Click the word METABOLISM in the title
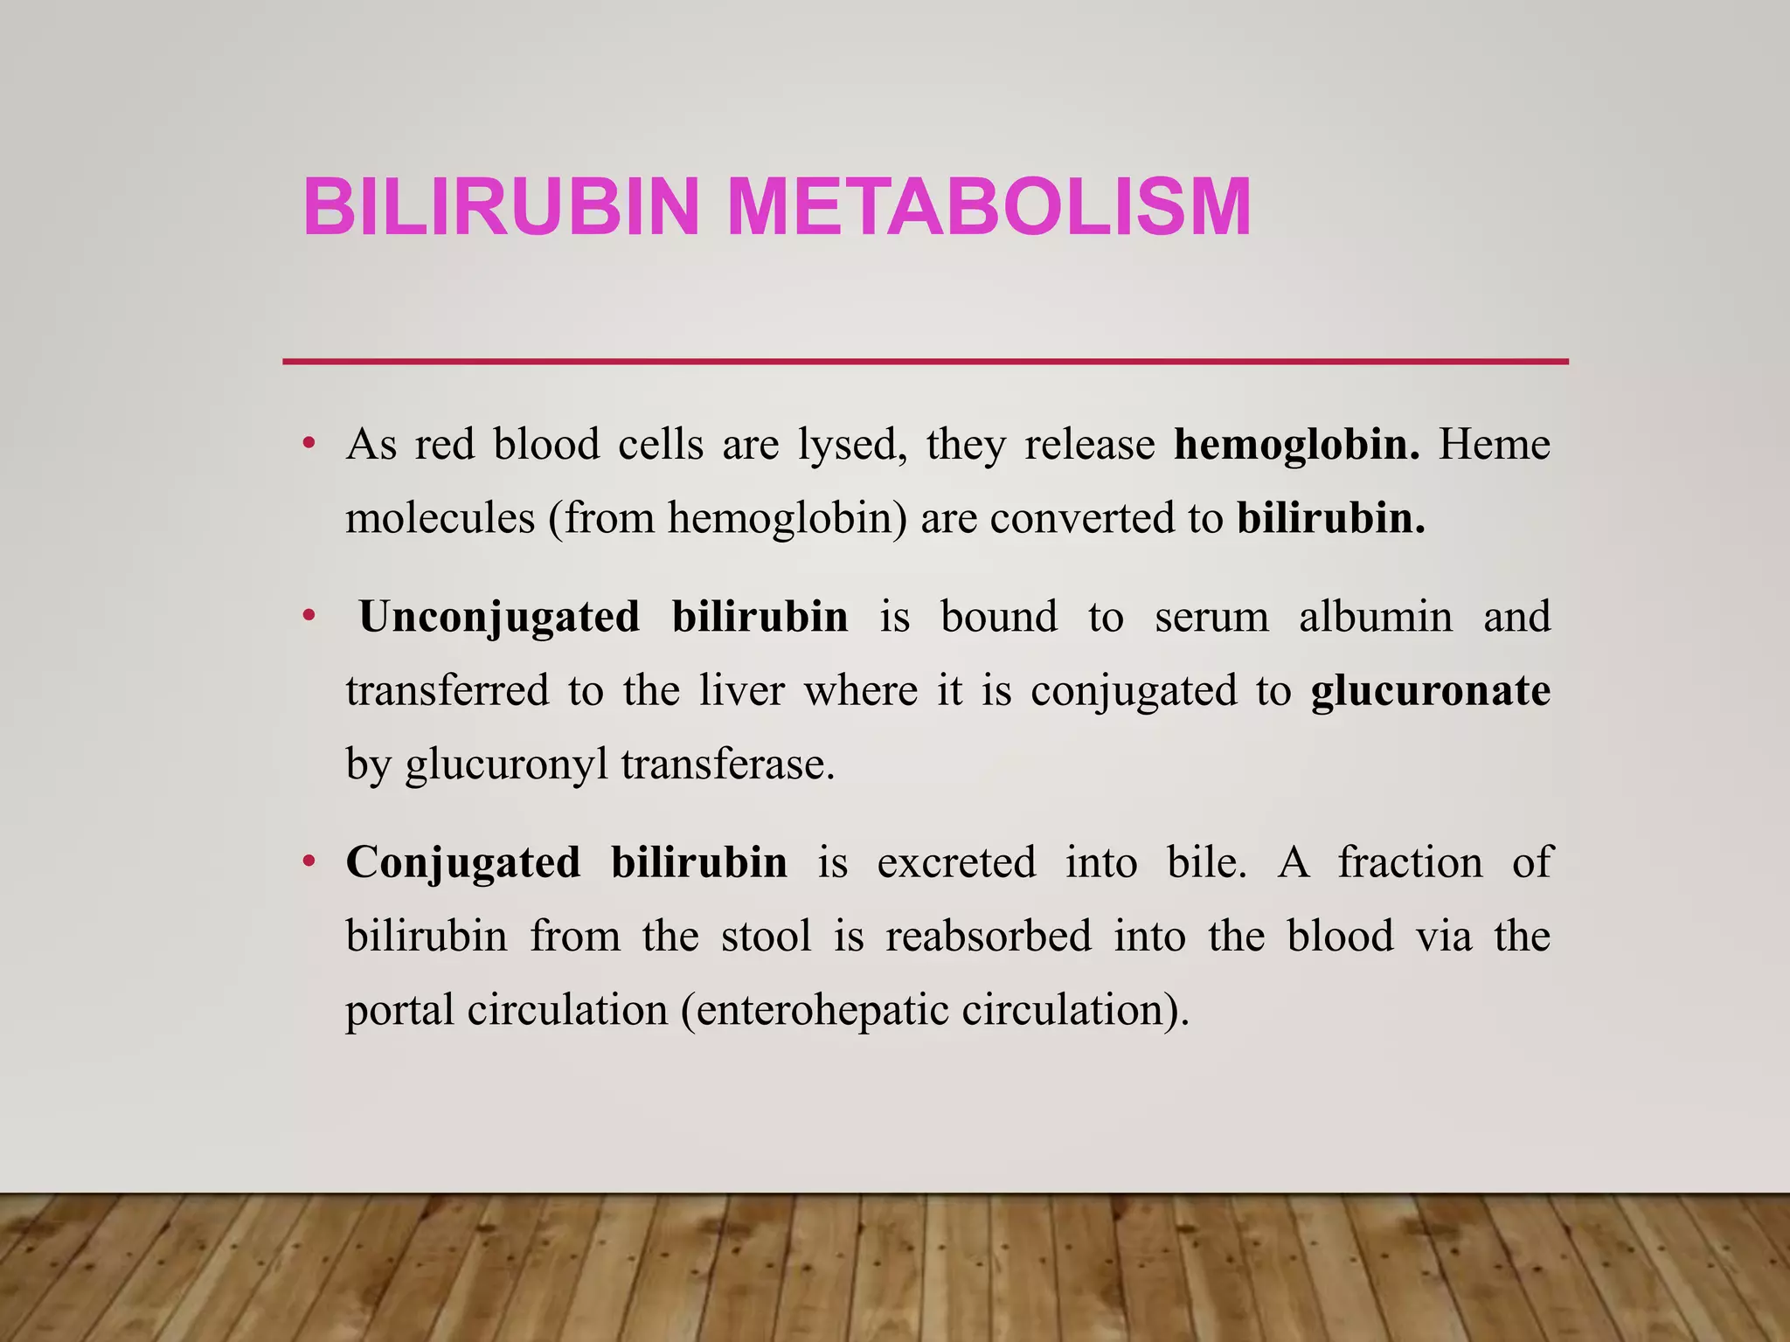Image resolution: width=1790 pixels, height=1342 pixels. (989, 207)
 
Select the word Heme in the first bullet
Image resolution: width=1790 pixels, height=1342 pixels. (1495, 444)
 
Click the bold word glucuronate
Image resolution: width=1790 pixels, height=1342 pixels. (1430, 691)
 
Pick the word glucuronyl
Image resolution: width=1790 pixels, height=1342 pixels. (506, 765)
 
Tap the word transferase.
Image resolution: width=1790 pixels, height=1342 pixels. (728, 764)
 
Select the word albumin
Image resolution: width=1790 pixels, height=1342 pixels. (1375, 617)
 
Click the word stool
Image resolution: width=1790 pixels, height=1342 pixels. (767, 937)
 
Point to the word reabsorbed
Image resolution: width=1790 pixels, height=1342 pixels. (989, 937)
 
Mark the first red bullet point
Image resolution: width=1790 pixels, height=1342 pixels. (308, 443)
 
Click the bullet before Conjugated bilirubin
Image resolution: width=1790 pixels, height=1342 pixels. (308, 862)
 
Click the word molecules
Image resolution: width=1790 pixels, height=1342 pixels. (440, 518)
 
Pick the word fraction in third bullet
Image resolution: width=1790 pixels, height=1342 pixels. (1410, 862)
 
